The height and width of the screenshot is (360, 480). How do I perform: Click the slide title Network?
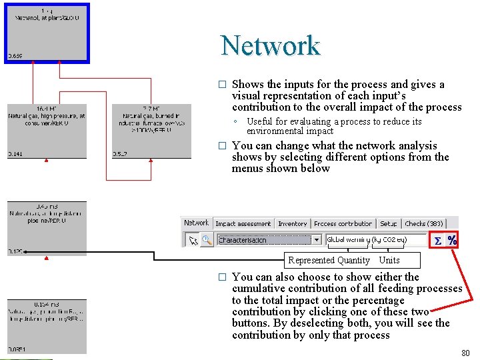click(271, 45)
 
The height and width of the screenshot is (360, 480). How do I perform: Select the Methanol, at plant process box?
click(47, 32)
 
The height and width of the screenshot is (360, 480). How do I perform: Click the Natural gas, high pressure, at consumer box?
click(47, 131)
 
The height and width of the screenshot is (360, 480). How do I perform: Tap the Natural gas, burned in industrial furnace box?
click(147, 131)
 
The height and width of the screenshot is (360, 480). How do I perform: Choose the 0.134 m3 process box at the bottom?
click(47, 327)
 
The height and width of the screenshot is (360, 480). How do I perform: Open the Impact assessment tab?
click(243, 224)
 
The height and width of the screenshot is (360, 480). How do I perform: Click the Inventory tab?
click(292, 224)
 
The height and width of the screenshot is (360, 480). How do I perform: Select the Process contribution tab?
click(343, 224)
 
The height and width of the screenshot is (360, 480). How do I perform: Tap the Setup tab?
click(389, 224)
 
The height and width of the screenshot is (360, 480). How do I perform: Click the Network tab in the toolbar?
click(196, 223)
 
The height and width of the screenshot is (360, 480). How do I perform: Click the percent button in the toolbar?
click(452, 240)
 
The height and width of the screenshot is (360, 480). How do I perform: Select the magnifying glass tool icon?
click(206, 240)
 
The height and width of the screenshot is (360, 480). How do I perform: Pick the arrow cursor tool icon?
click(193, 240)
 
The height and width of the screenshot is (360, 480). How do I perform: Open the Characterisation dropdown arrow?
click(317, 240)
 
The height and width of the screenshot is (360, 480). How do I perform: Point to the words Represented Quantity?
click(329, 260)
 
